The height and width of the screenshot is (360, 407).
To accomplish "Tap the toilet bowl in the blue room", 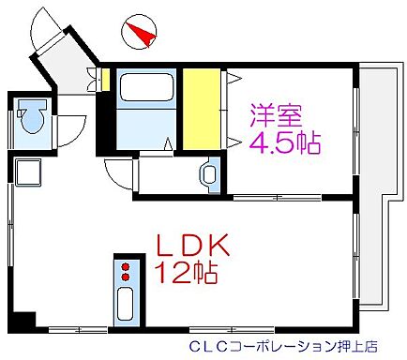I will (x=34, y=118).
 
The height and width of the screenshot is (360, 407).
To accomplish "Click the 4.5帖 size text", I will (x=284, y=143).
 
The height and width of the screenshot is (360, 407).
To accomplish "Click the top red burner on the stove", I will (x=123, y=265).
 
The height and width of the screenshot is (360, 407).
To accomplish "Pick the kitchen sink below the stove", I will (x=123, y=305).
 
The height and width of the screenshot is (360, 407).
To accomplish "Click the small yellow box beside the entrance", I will (x=106, y=80).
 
